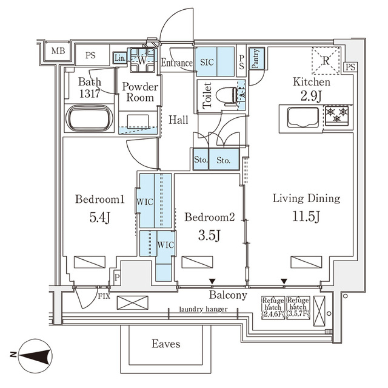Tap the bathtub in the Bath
tap(89, 119)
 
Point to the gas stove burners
tap(337, 115)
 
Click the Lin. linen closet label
tap(119, 58)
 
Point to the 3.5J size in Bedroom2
tap(209, 235)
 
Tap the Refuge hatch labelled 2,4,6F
tap(273, 307)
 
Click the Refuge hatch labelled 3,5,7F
tap(298, 307)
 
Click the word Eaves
tap(166, 344)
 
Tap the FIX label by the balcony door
tap(104, 296)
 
